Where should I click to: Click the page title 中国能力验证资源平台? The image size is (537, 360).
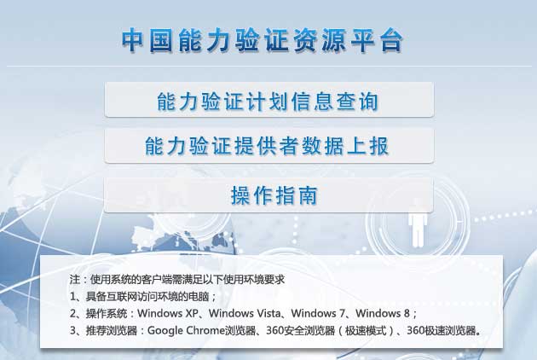(262, 41)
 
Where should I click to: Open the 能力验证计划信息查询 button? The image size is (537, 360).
(269, 100)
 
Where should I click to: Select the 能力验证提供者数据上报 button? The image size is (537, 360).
(269, 146)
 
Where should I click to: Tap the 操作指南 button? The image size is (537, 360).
(268, 195)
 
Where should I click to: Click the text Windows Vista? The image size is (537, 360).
(245, 313)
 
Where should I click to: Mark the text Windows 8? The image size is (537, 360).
(383, 313)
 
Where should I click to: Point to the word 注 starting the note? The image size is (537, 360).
(75, 279)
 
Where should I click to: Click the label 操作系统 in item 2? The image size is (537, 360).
(107, 313)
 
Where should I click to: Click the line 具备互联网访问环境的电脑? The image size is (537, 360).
(147, 296)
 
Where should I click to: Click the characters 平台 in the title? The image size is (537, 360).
(377, 41)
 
